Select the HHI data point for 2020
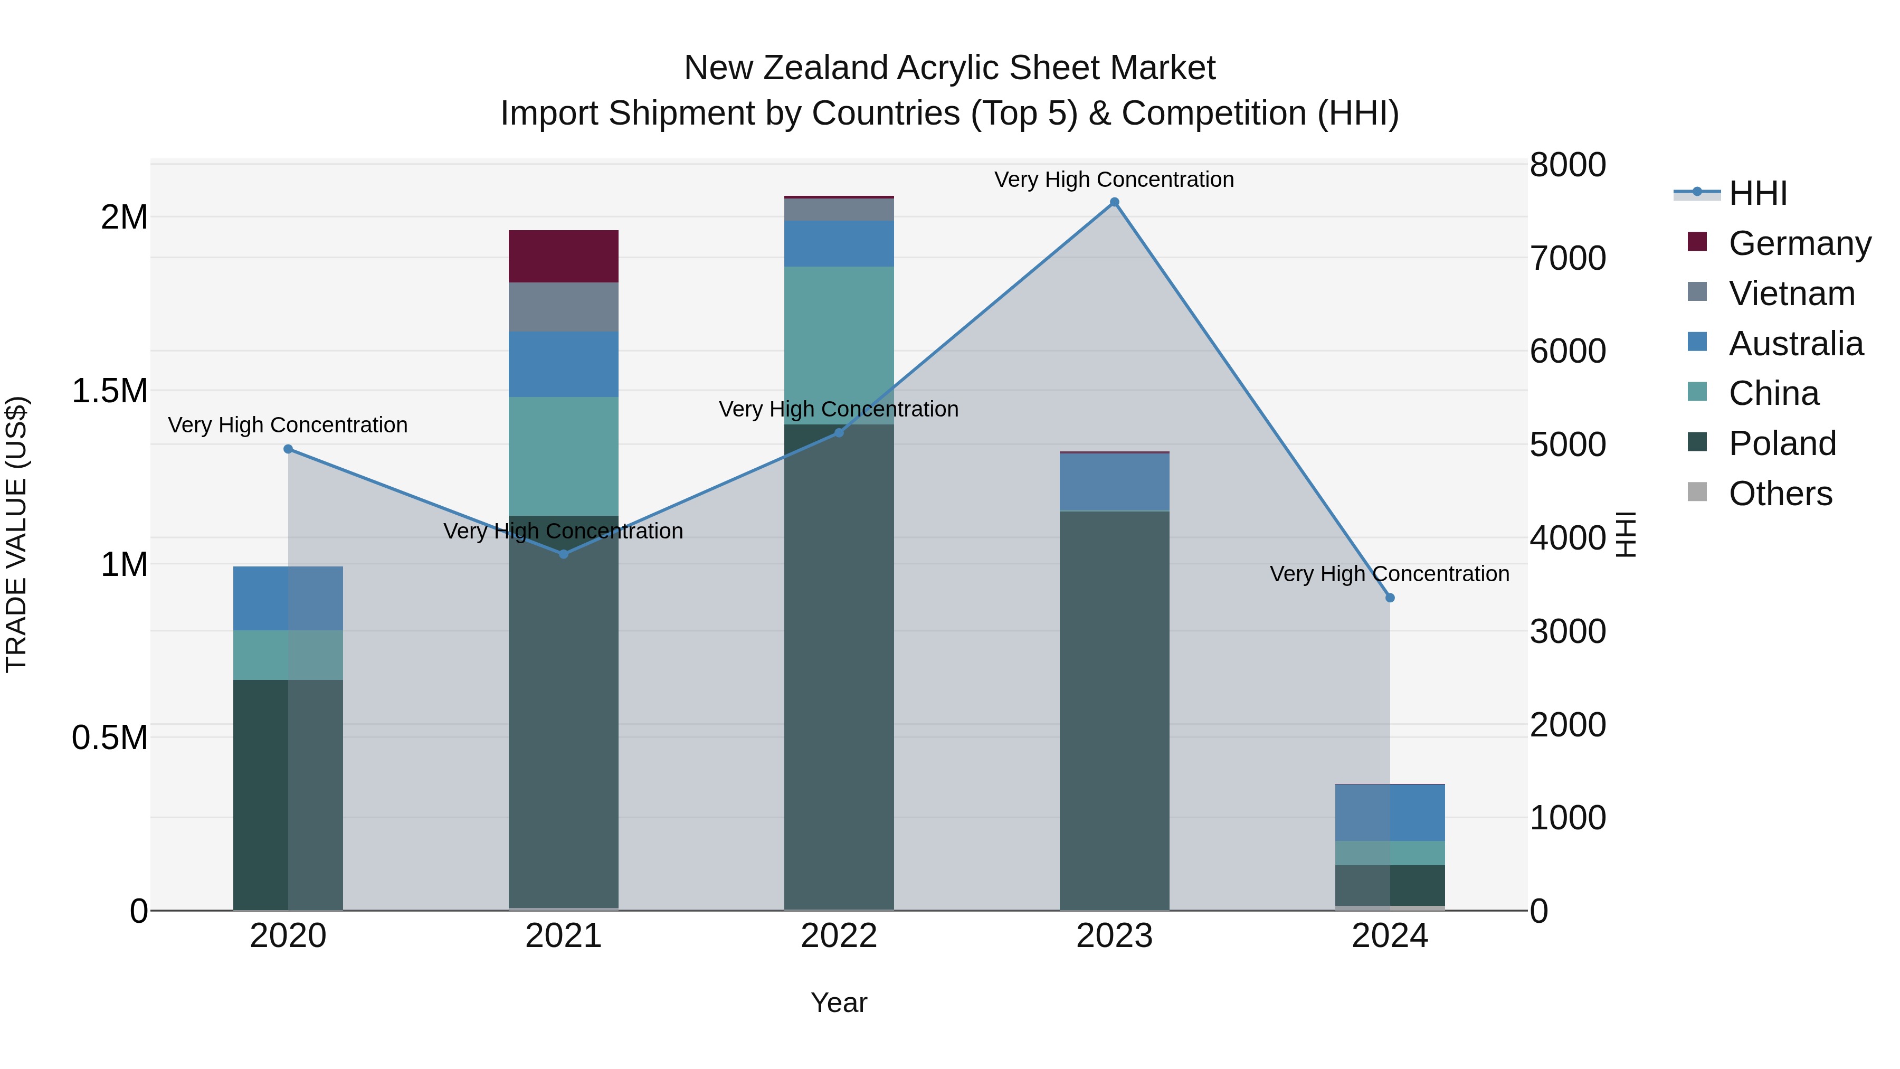tap(288, 449)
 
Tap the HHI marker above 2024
tap(1390, 598)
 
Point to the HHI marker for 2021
tap(564, 554)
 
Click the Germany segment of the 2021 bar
tap(564, 256)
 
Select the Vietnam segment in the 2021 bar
tap(564, 307)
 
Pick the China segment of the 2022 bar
tap(839, 332)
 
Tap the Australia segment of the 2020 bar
tap(288, 598)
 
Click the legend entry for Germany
tap(1799, 243)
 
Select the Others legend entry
tap(1780, 494)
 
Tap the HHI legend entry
tap(1757, 193)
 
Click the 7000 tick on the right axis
tap(1567, 258)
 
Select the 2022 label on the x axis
tap(839, 936)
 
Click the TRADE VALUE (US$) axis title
tap(17, 534)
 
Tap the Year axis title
tap(839, 1002)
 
